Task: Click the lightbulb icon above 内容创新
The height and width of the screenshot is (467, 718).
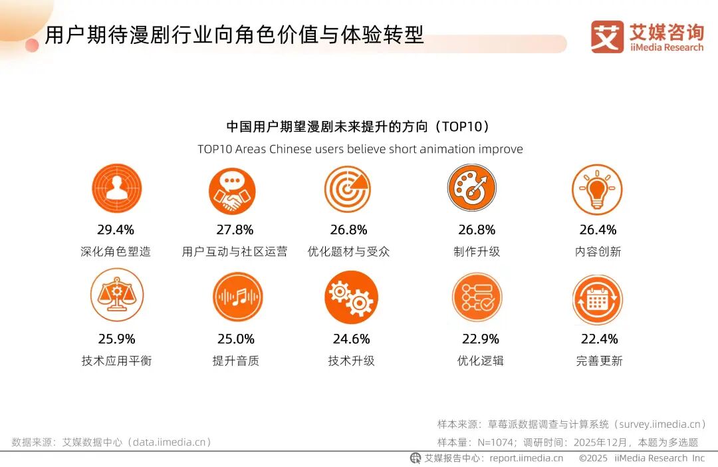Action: click(x=597, y=189)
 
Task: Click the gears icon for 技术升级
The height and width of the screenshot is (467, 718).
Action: click(x=352, y=297)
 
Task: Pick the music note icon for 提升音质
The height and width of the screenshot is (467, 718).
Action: click(x=237, y=297)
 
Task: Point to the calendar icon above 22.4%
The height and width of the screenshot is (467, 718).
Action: click(x=597, y=299)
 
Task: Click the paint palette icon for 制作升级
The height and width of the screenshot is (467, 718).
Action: click(x=472, y=189)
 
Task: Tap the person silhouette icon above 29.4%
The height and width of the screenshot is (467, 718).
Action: click(x=116, y=189)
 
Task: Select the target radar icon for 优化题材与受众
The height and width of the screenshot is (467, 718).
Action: click(x=348, y=189)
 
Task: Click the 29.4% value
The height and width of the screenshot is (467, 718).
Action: click(x=116, y=230)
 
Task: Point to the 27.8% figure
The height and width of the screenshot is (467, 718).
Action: click(x=235, y=230)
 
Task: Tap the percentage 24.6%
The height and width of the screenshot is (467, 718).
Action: click(x=351, y=339)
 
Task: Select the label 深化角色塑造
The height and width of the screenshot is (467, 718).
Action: click(x=116, y=251)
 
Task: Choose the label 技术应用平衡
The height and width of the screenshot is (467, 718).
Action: click(x=116, y=361)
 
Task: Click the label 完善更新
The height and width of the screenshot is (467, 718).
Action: click(x=599, y=361)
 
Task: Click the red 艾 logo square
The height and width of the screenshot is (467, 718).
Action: click(x=606, y=37)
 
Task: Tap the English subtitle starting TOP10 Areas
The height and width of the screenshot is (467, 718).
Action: click(x=360, y=149)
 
